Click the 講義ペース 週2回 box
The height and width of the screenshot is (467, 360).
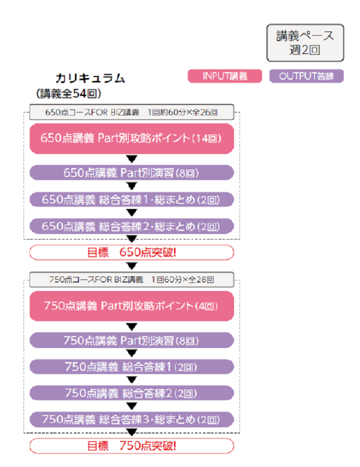305,42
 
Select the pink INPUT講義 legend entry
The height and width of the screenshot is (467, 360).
225,76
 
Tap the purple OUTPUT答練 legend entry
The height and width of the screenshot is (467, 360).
306,76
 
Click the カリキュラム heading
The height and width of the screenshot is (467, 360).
90,78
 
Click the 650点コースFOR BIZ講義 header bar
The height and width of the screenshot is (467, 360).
131,112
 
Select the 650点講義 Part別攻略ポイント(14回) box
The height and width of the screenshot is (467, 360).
131,138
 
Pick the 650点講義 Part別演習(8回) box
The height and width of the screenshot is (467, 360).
131,173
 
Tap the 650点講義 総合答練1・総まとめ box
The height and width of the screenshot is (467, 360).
131,199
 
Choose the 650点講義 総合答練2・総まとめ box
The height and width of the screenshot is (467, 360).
131,226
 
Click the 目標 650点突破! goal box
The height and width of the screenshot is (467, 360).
131,252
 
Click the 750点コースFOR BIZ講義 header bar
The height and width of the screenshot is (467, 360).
131,279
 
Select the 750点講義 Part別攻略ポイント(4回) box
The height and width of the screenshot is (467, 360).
131,305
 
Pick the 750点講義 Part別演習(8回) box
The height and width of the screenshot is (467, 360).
131,340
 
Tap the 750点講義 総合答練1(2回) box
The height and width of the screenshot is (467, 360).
131,366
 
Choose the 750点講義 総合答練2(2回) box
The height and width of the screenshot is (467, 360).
131,392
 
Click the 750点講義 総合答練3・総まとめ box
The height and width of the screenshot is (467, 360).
131,419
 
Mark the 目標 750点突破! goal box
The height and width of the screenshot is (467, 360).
131,445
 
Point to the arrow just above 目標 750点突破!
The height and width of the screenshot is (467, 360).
132,432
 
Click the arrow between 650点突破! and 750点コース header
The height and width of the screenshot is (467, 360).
132,265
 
